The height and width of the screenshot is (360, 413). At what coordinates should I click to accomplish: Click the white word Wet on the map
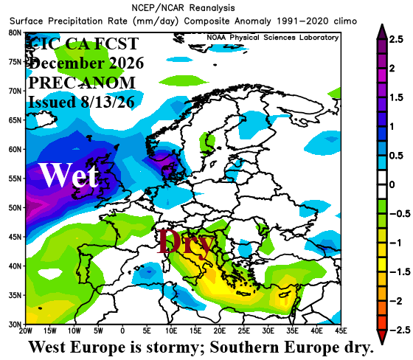(x=69, y=175)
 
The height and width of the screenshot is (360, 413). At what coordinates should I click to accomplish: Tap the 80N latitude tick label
(x=15, y=32)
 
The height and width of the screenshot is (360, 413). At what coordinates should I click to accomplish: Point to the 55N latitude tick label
(x=15, y=179)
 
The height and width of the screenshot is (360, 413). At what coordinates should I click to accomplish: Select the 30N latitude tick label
(x=15, y=325)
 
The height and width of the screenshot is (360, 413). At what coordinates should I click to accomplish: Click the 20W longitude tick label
(x=26, y=330)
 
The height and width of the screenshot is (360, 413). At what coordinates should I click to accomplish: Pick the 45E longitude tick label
(x=341, y=330)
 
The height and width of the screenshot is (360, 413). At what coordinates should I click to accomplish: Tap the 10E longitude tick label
(x=171, y=330)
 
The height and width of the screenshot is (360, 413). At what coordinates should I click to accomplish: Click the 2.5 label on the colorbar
(x=397, y=40)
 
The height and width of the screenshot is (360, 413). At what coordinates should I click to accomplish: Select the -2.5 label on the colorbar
(x=400, y=330)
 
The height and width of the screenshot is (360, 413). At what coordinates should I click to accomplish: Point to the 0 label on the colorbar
(x=392, y=184)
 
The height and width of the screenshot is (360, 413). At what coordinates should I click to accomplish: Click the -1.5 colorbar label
(x=400, y=271)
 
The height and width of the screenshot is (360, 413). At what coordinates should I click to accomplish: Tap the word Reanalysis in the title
(x=212, y=8)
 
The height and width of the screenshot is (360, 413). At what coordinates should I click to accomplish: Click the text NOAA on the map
(x=216, y=38)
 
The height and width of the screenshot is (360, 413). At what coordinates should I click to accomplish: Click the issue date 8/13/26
(x=108, y=102)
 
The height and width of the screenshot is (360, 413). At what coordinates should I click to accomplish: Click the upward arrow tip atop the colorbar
(x=382, y=24)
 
